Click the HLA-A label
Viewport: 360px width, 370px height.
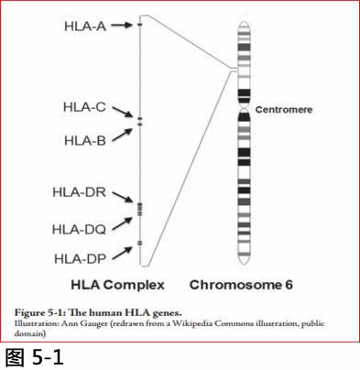(85, 27)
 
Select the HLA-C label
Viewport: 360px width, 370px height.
(84, 107)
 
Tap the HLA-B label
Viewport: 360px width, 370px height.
(85, 141)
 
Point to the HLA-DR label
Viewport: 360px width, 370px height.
(80, 192)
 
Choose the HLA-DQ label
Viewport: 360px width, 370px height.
(79, 230)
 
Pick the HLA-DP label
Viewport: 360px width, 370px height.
(80, 259)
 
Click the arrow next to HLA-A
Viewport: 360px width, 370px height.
(122, 25)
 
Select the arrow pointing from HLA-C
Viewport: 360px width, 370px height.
(123, 112)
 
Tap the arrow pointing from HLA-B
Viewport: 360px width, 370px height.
(122, 135)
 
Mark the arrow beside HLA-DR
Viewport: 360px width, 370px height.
(123, 197)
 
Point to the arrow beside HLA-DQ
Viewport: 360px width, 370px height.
(122, 223)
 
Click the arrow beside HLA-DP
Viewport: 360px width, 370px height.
(122, 254)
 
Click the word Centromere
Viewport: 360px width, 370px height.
(284, 110)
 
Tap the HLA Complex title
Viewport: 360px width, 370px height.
(117, 285)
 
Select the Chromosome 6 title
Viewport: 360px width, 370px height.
(241, 285)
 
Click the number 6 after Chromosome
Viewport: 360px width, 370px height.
(289, 285)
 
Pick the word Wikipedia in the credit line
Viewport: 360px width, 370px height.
(192, 323)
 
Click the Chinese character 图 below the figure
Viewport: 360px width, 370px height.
(15, 357)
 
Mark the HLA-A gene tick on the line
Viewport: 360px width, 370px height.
(140, 25)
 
